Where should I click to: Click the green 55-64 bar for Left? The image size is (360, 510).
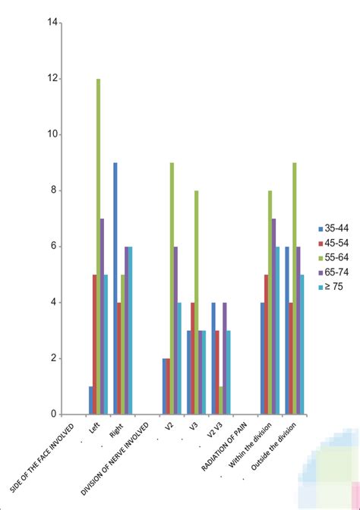[x=98, y=247]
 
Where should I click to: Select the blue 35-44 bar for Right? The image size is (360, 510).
[x=115, y=288]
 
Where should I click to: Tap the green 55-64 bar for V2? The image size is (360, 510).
[x=172, y=288]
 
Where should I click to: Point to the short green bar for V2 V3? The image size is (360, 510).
[x=219, y=400]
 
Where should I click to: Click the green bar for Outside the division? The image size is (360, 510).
[x=293, y=288]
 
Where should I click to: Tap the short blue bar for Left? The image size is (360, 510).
[x=90, y=400]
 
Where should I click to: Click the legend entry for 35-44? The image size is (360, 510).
[x=334, y=228]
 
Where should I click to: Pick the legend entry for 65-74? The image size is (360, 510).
[x=334, y=271]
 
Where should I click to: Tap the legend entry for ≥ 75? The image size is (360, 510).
[x=334, y=287]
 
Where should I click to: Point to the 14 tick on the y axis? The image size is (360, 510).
[x=52, y=23]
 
